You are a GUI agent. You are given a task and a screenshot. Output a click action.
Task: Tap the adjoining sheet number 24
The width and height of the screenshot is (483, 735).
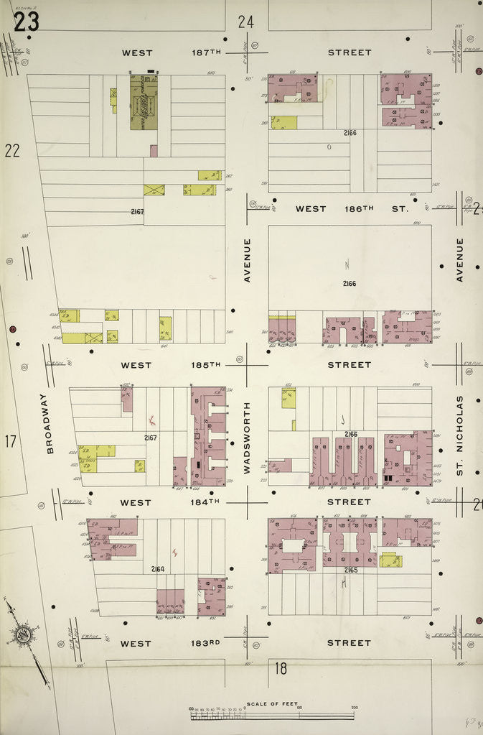tap(246, 22)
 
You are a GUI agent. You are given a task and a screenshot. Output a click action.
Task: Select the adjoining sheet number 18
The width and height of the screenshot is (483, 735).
tap(280, 669)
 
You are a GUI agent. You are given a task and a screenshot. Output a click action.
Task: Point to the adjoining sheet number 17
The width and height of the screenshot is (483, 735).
tap(10, 441)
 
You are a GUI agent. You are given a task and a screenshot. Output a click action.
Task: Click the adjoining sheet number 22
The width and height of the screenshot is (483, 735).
tap(11, 150)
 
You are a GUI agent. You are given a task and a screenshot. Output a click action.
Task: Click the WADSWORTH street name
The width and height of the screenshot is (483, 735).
tap(247, 437)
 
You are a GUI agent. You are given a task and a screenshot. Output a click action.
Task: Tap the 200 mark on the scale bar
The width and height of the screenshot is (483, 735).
tap(353, 708)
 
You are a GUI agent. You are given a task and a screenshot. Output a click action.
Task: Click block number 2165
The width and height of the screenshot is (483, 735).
tap(350, 569)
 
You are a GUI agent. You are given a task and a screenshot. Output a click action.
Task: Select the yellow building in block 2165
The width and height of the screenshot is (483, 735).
tap(390, 560)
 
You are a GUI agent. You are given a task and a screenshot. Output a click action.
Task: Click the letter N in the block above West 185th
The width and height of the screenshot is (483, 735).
tap(347, 264)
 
